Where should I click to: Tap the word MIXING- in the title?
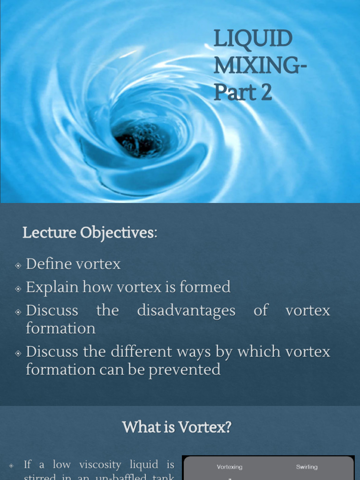click(x=260, y=66)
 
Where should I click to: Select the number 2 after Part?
click(x=266, y=92)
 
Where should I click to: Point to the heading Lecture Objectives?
click(x=89, y=232)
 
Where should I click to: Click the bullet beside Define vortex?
click(x=18, y=265)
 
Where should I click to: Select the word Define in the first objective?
click(x=47, y=264)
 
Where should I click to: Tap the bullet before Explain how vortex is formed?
click(x=18, y=288)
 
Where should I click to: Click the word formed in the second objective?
click(x=206, y=287)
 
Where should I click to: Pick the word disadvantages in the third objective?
click(x=186, y=310)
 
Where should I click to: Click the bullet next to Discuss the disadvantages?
click(x=18, y=312)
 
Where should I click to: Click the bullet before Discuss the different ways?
click(x=18, y=353)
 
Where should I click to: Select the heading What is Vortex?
click(x=177, y=427)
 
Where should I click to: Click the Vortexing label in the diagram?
click(x=230, y=467)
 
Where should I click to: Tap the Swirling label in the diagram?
click(x=307, y=467)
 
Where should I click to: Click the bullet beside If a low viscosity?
click(x=11, y=466)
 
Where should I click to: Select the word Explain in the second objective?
click(x=52, y=287)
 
